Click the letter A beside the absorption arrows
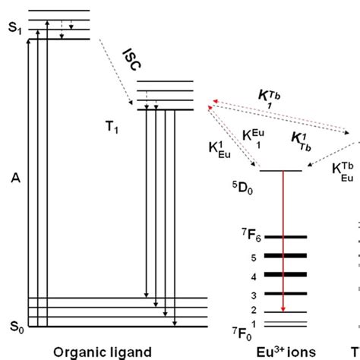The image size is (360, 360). (x=13, y=178)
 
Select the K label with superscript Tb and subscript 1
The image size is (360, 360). (x=266, y=97)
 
